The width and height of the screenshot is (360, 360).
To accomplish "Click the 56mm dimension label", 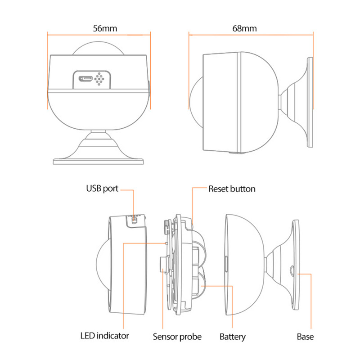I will (105, 28).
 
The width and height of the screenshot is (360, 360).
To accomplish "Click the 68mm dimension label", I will (245, 28).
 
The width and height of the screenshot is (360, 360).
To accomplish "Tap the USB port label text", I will (102, 188).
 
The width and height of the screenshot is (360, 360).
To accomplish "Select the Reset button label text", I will (232, 189).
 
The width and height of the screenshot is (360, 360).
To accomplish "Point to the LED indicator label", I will (104, 335).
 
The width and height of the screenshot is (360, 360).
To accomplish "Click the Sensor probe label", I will (177, 337).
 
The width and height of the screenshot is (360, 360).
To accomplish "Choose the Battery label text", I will (233, 337).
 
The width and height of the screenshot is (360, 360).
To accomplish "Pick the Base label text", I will (305, 337).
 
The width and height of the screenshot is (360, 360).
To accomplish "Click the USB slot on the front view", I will (85, 79).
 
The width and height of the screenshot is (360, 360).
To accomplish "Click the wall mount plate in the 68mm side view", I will (310, 104).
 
